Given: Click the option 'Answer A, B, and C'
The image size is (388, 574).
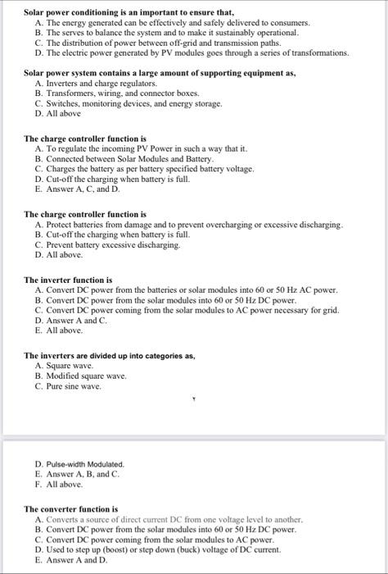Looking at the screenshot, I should click(x=78, y=474).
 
